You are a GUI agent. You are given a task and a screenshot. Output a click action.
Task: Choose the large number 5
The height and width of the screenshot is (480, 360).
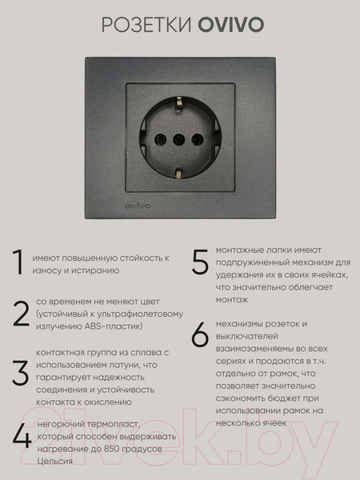[x=200, y=262]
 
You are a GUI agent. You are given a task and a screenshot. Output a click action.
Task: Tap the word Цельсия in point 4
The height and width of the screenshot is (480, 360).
[x=54, y=462]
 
